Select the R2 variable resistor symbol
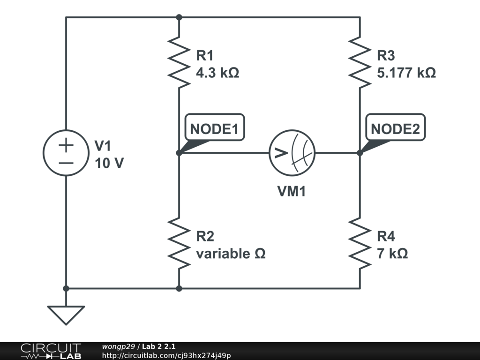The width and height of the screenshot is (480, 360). pos(179,243)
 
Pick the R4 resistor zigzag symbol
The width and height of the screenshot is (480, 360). pos(360,243)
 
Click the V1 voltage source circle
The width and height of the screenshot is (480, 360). pos(66,153)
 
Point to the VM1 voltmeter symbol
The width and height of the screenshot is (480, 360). pos(292,153)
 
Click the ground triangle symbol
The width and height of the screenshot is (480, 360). pos(66,315)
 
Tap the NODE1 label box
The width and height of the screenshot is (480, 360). pos(214,127)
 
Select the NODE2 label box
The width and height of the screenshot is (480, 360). pos(395,127)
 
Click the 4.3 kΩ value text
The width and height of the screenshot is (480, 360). pos(217,73)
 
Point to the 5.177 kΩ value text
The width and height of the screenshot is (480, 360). pos(406,73)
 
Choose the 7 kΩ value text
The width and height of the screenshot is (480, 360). pos(392,254)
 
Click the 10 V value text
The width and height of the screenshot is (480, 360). pos(109,164)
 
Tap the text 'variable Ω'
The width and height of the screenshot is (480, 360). pos(231,254)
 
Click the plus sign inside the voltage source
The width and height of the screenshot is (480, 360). pos(66,145)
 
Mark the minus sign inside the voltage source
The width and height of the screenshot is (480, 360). pos(66,163)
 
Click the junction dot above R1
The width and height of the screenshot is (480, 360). pos(179,17)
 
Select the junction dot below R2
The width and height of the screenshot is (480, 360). pos(179,288)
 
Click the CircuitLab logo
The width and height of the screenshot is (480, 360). pos(50,351)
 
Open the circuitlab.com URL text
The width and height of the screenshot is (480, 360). pos(166,356)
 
